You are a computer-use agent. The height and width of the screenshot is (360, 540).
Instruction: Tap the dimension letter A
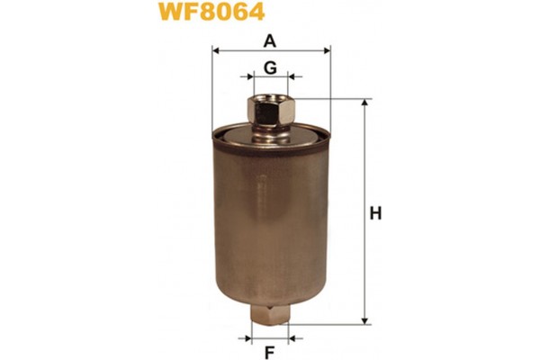coord(269,40)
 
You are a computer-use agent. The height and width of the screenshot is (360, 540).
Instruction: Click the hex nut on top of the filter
coord(269,112)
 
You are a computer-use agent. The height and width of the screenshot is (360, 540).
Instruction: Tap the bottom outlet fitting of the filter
coord(269,317)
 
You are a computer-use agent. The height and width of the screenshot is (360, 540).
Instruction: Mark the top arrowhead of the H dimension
coord(365,104)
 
